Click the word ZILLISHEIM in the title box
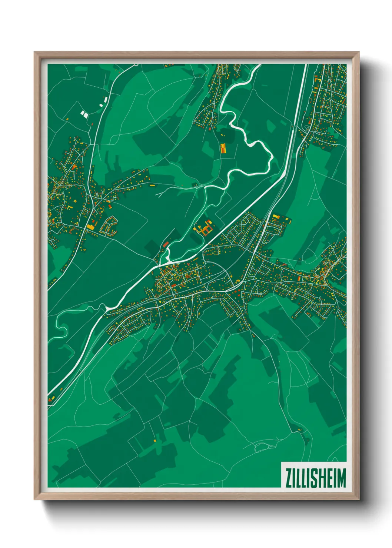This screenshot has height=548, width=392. coord(315,478)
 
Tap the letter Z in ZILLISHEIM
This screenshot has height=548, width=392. coord(288,478)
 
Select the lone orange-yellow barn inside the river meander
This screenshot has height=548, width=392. coord(223,149)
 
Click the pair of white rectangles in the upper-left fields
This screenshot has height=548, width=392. coord(85,114)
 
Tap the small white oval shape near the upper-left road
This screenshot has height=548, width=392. coord(101,105)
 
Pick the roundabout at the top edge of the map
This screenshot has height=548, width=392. coord(136,65)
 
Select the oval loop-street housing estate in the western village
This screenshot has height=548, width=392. coord(109,225)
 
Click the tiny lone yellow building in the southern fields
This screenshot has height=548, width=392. coord(155,440)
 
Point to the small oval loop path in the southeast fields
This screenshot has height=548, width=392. coord(261,448)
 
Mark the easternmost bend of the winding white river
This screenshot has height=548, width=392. coord(273,157)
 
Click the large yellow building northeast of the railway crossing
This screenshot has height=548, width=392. coord(276,217)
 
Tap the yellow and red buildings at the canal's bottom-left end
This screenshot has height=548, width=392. coord(51,399)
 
